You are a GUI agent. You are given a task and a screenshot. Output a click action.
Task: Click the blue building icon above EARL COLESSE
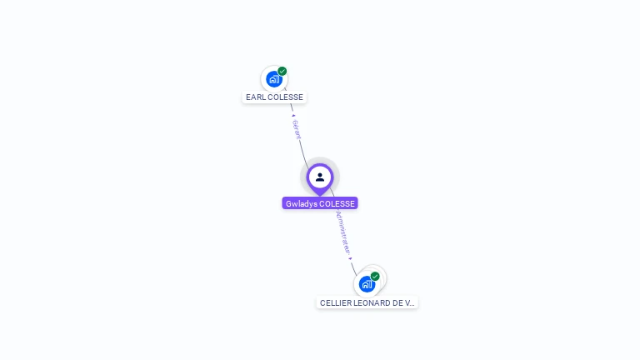[x=273, y=79]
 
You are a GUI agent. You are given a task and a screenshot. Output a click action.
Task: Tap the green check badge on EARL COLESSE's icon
[x=282, y=71]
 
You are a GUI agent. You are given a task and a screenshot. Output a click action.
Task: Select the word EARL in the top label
[x=255, y=97]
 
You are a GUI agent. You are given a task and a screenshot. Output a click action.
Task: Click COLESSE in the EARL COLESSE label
[x=285, y=97]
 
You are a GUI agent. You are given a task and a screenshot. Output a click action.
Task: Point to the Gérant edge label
[x=297, y=128]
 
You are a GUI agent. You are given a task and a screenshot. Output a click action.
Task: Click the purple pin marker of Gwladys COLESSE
[x=320, y=178]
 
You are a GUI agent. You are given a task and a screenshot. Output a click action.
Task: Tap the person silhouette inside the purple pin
[x=320, y=177]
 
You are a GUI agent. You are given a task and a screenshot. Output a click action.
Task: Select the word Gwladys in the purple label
[x=301, y=203]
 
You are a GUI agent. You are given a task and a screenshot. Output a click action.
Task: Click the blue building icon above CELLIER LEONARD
[x=367, y=284]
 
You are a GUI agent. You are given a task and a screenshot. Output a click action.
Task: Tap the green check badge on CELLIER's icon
[x=375, y=276]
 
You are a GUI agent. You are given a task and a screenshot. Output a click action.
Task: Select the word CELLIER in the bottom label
[x=335, y=303]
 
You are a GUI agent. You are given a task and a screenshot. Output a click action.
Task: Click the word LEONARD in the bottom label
[x=372, y=303]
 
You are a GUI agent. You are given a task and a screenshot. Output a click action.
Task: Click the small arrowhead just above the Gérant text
[x=293, y=115]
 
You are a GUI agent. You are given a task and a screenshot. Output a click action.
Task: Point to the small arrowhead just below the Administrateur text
[x=351, y=257]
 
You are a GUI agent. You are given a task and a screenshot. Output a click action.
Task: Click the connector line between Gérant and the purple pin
[x=302, y=152]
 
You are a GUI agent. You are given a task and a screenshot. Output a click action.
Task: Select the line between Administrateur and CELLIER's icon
[x=353, y=267]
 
